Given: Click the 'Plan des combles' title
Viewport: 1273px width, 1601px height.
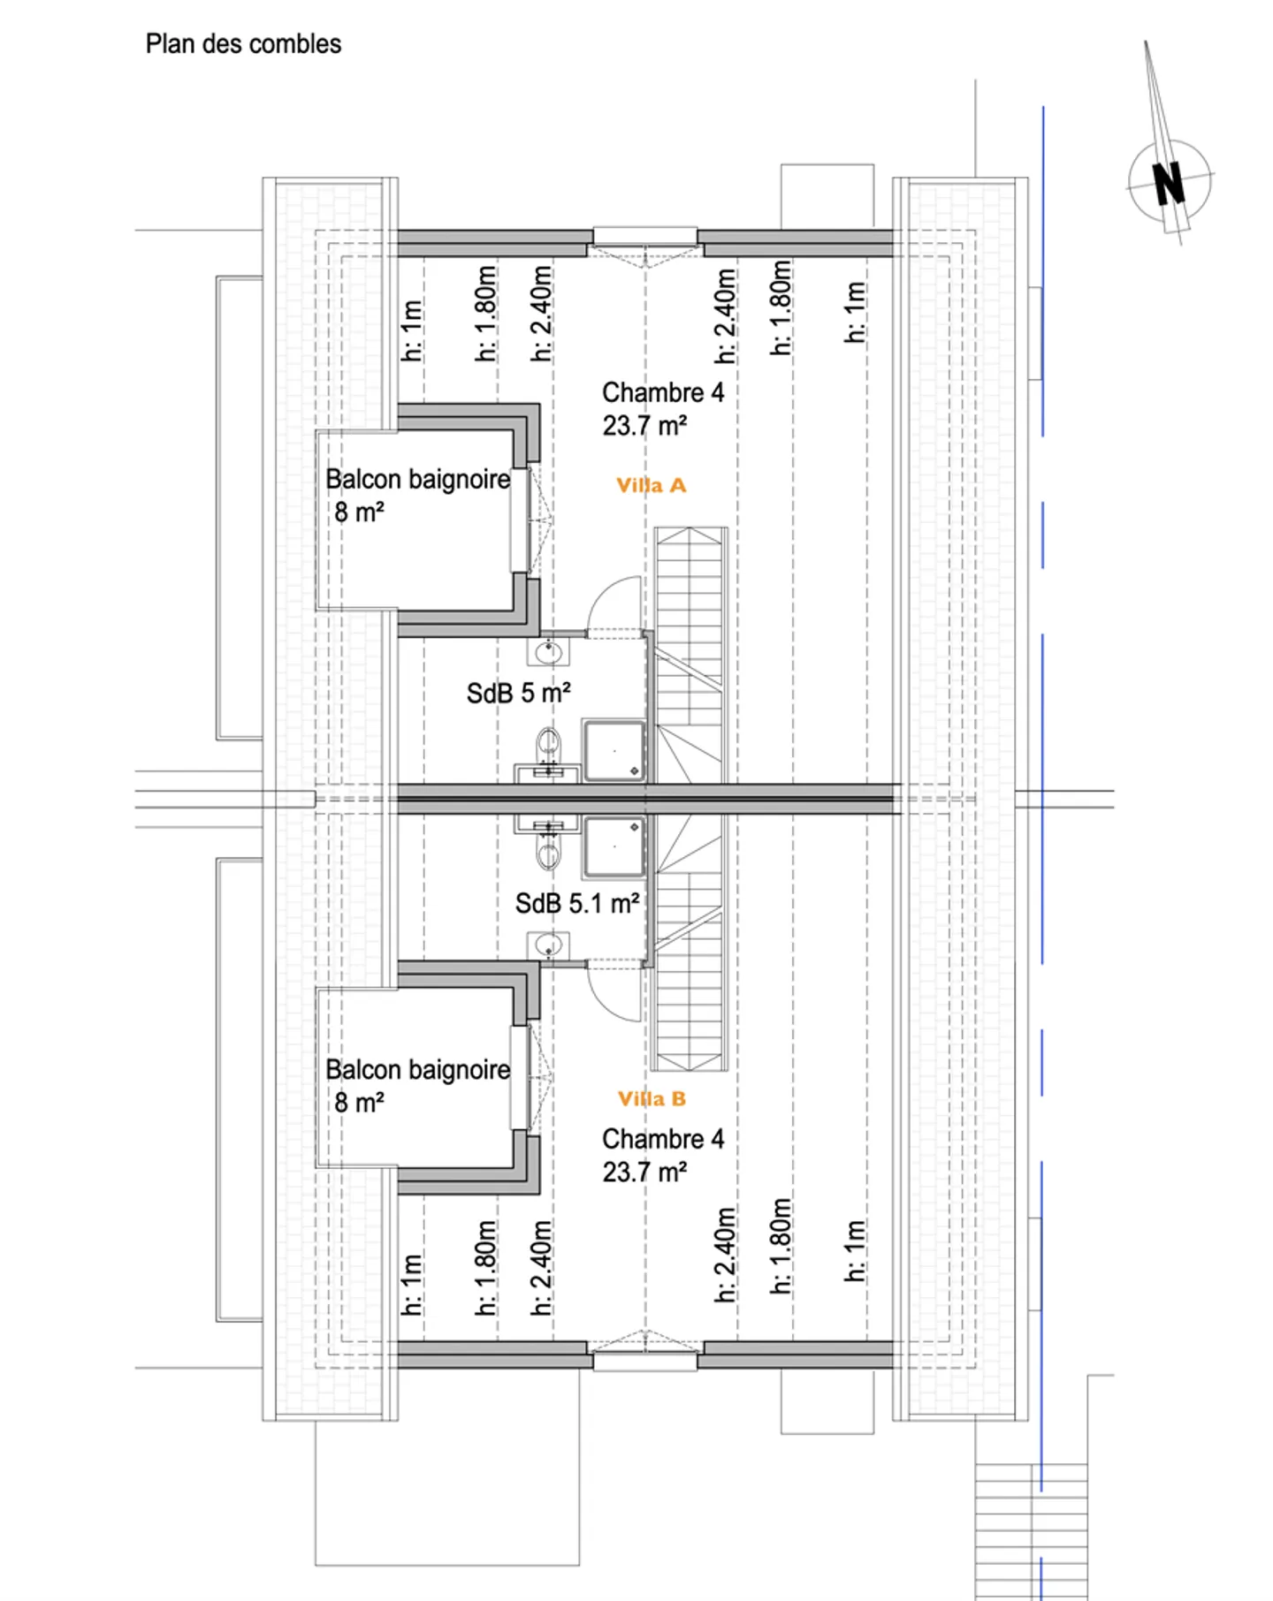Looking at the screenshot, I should coord(243,44).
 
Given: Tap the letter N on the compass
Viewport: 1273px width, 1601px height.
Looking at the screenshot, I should coord(1169,184).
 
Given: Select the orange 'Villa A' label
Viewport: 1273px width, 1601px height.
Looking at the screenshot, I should coord(651,485).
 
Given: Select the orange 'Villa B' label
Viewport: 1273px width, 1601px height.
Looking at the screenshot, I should coord(652,1099).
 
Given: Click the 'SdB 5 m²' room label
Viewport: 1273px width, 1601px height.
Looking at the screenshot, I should coord(518,694).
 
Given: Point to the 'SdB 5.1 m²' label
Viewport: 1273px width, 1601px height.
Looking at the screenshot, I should coord(576,904).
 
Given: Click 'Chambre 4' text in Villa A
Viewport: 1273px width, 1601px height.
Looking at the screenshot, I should coord(662,392).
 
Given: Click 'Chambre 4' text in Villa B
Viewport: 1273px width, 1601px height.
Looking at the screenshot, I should coord(662,1139).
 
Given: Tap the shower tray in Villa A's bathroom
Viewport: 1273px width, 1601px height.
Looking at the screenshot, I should coord(614,751).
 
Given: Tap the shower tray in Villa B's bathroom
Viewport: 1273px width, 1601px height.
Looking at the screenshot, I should coord(614,846).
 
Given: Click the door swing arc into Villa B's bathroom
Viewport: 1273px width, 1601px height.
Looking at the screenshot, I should coord(614,994).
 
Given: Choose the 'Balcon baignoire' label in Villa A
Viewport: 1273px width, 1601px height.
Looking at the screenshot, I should coord(417,480).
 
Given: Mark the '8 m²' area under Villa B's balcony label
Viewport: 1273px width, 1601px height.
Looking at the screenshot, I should coord(359,1103).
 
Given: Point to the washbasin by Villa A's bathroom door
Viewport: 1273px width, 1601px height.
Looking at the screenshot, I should coord(548,653).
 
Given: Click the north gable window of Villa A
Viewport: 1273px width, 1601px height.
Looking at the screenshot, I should coord(644,237).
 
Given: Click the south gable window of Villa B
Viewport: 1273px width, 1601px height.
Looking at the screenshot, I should coord(644,1361).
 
